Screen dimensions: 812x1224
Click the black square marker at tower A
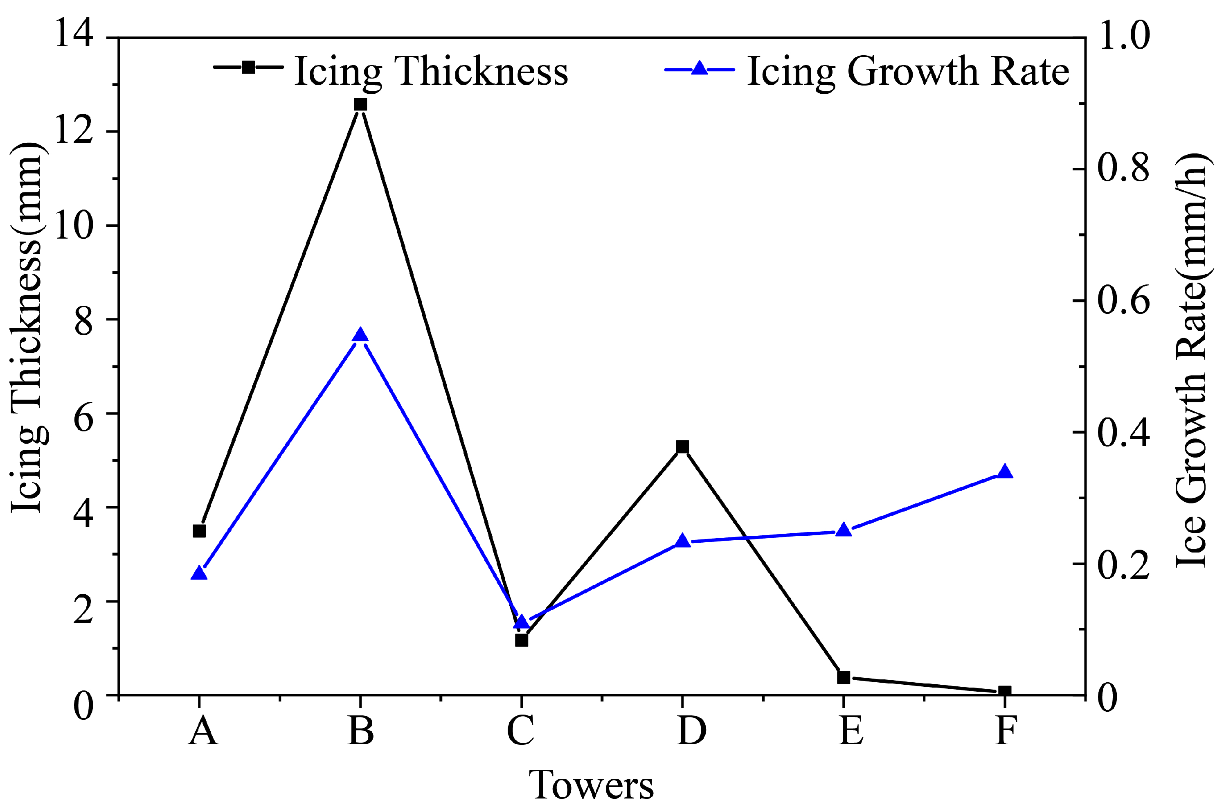(x=199, y=531)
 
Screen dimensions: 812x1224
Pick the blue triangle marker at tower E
(x=844, y=530)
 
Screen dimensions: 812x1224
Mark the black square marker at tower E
(x=844, y=677)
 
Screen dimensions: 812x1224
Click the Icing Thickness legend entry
(x=391, y=70)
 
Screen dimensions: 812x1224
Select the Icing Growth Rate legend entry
(x=867, y=70)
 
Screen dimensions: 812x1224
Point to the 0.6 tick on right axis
(x=1123, y=301)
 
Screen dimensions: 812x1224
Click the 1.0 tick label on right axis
(x=1123, y=37)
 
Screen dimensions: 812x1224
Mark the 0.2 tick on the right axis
(x=1123, y=564)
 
